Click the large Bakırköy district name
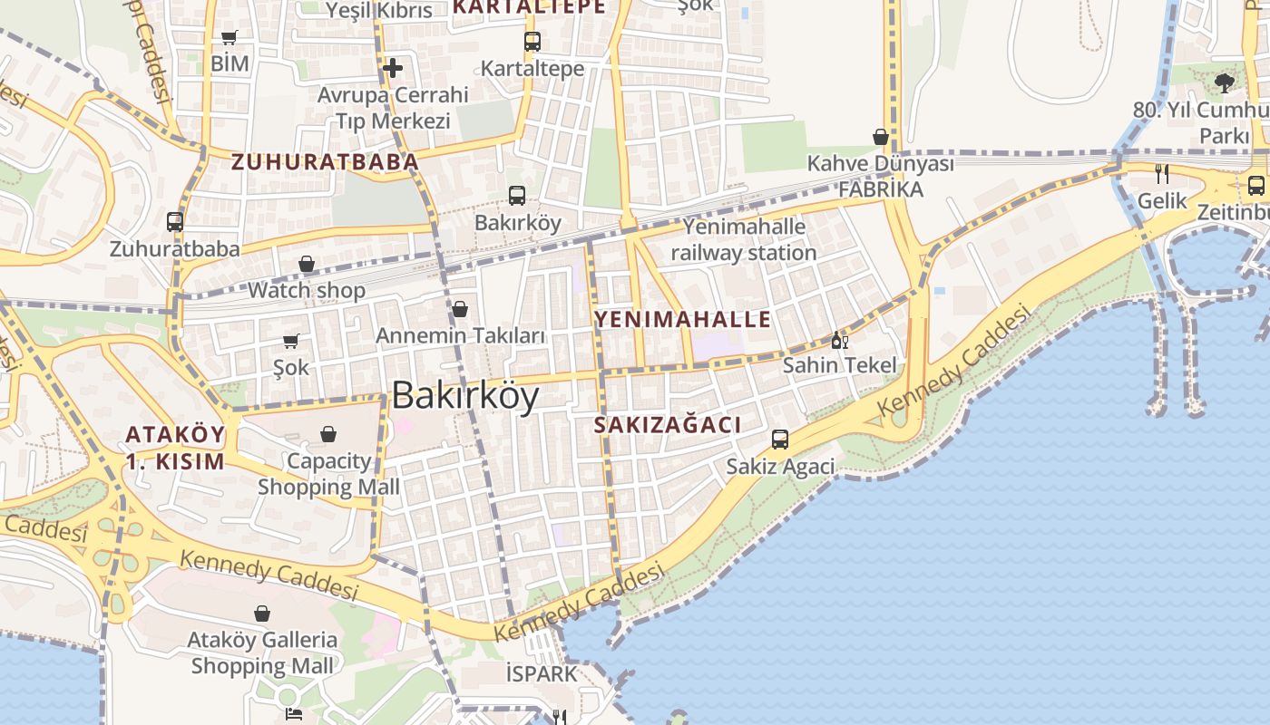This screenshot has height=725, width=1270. pos(465,396)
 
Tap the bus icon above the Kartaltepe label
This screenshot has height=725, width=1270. pos(532,42)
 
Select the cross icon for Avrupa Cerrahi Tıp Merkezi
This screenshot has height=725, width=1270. pos(393,67)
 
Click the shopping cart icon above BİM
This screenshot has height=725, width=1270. pos(230,38)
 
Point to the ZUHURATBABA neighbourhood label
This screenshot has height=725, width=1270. pos(325,162)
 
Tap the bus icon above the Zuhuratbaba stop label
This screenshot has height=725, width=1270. pos(175,222)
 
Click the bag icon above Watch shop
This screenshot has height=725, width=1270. pos(307,264)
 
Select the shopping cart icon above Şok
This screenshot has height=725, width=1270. pos(291,341)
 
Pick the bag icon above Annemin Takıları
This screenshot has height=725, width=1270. pos(460,309)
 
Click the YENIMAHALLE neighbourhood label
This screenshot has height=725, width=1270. pos(682,319)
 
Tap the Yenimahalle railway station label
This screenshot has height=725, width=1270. pos(744,239)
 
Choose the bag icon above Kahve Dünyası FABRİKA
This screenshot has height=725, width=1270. pos(880,137)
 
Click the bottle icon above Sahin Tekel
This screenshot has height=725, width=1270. pos(839,340)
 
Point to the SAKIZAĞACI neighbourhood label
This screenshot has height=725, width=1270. pos(668,425)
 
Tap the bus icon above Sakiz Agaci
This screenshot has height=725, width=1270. pos(780,440)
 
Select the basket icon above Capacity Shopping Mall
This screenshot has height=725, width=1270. pos(328,434)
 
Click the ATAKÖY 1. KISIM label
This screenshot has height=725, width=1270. pos(175,448)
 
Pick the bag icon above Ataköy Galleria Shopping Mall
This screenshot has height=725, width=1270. pos(262,614)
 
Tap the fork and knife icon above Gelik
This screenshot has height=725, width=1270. pos(1162,174)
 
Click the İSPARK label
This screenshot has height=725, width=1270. pos(542,673)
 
